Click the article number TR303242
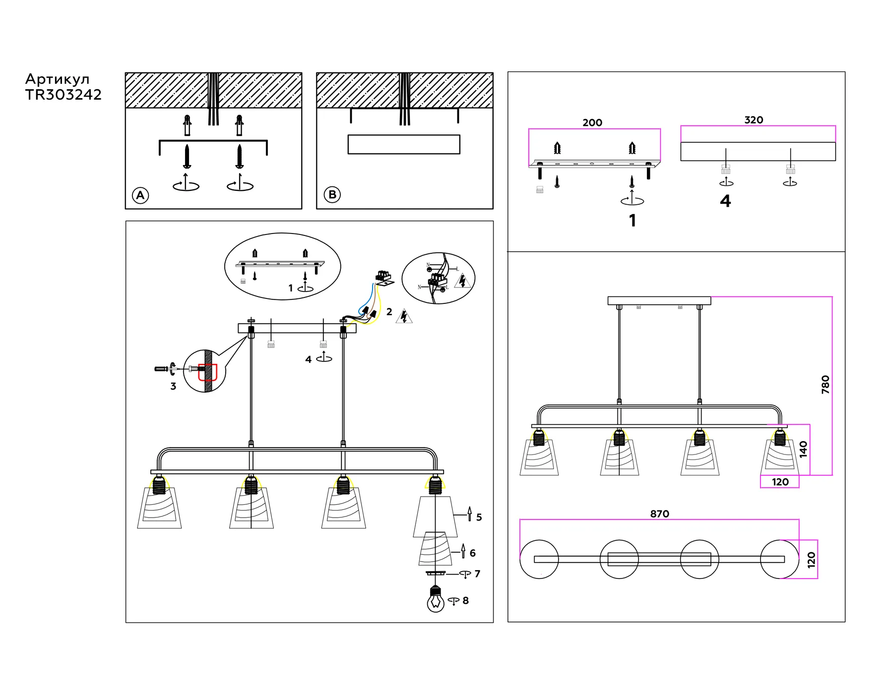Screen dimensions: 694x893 [x=64, y=95]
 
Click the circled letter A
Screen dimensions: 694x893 [x=140, y=195]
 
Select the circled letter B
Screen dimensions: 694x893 [x=332, y=195]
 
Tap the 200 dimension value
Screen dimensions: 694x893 [x=592, y=122]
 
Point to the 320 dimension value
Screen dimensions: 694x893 [x=754, y=120]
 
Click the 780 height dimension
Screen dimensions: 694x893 [x=826, y=385]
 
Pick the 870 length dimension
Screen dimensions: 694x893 [x=659, y=514]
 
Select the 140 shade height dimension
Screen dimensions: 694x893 [x=803, y=449]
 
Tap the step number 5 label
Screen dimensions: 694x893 [x=479, y=518]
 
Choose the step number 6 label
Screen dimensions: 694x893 [x=472, y=553]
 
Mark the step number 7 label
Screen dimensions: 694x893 [x=477, y=574]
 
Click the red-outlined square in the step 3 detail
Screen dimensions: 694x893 [x=208, y=372]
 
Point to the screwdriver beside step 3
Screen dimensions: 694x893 [x=162, y=369]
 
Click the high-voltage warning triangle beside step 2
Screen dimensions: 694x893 [x=404, y=316]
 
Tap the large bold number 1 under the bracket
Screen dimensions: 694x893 [x=632, y=221]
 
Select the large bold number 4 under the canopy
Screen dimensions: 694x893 [x=725, y=201]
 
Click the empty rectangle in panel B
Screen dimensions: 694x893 [x=404, y=144]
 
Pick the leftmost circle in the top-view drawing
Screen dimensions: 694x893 [x=539, y=559]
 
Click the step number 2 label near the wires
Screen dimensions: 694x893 [x=389, y=312]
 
